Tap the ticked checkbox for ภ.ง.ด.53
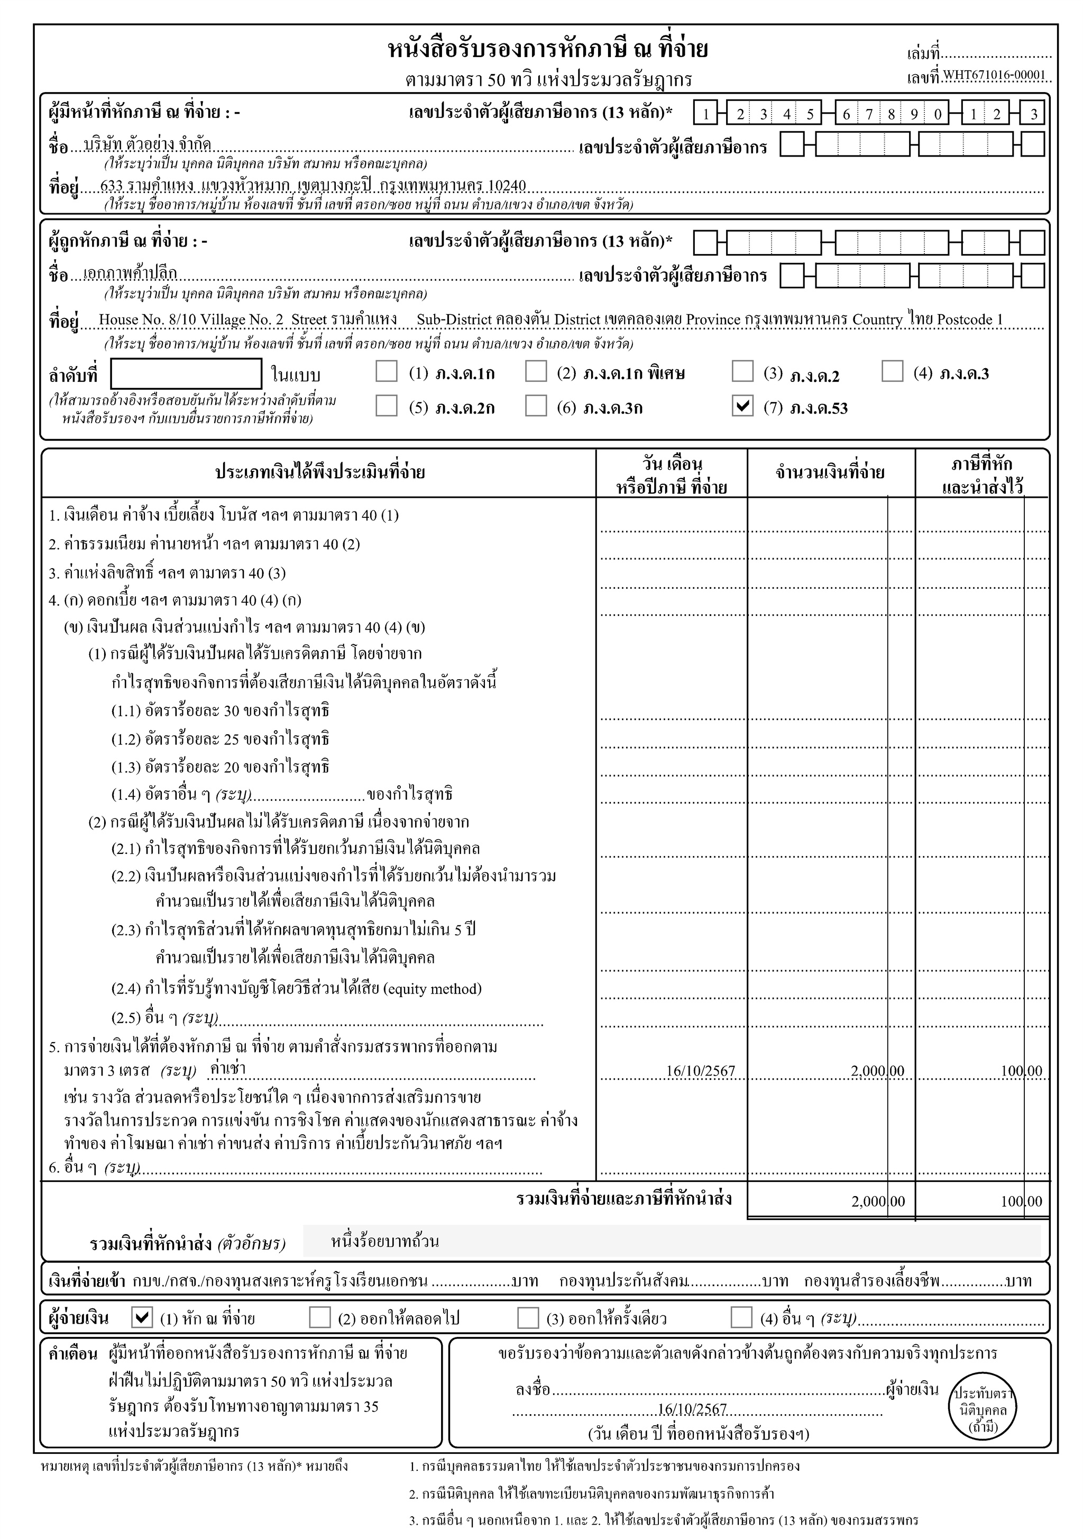[742, 406]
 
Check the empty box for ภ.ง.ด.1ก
[386, 371]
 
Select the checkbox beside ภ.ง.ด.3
[892, 371]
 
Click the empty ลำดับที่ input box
[186, 374]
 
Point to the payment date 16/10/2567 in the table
[700, 1071]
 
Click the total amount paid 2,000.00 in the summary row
[877, 1201]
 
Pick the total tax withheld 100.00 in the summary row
[1021, 1201]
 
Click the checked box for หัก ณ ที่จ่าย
[142, 1317]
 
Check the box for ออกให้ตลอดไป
[320, 1317]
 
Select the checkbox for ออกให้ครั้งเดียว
[528, 1317]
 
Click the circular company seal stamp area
[983, 1409]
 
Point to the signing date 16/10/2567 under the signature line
[692, 1409]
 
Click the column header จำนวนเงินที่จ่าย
[830, 472]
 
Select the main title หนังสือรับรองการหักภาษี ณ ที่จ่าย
[548, 50]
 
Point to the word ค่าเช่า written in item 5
[228, 1069]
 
